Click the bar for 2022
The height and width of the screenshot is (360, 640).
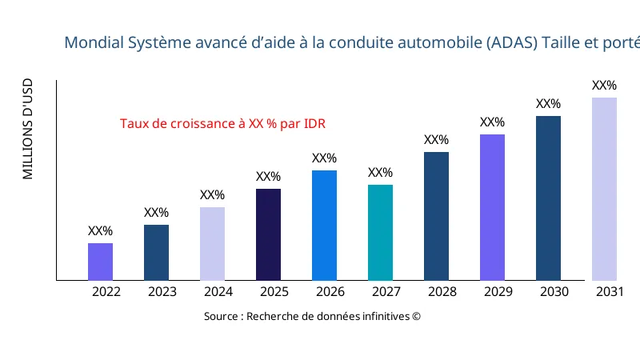click(100, 262)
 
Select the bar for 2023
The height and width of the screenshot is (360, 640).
click(156, 252)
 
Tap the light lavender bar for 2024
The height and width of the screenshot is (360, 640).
click(212, 243)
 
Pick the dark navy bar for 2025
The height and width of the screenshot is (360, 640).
click(268, 234)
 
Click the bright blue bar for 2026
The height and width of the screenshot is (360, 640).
click(324, 225)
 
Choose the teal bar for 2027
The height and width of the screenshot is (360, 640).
click(380, 232)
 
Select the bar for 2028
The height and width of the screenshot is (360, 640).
click(436, 216)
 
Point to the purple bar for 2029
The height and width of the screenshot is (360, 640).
click(492, 207)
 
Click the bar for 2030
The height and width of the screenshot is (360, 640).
click(548, 198)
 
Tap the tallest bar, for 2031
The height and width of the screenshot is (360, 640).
click(604, 189)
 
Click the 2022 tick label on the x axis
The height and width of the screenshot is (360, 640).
click(106, 292)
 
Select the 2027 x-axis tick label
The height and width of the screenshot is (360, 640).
click(386, 292)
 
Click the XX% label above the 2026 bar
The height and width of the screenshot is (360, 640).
click(324, 158)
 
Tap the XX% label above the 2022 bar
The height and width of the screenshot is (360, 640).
click(100, 231)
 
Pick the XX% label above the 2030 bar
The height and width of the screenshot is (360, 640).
click(548, 104)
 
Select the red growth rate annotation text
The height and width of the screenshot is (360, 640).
click(222, 124)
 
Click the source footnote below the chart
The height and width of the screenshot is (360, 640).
click(312, 316)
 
